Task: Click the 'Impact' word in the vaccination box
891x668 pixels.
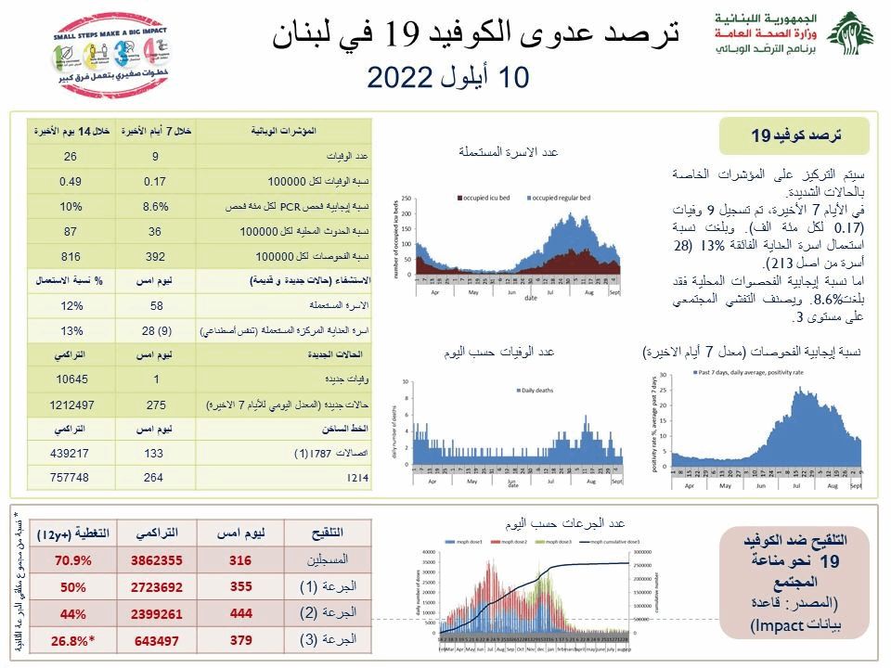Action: coord(771,627)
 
